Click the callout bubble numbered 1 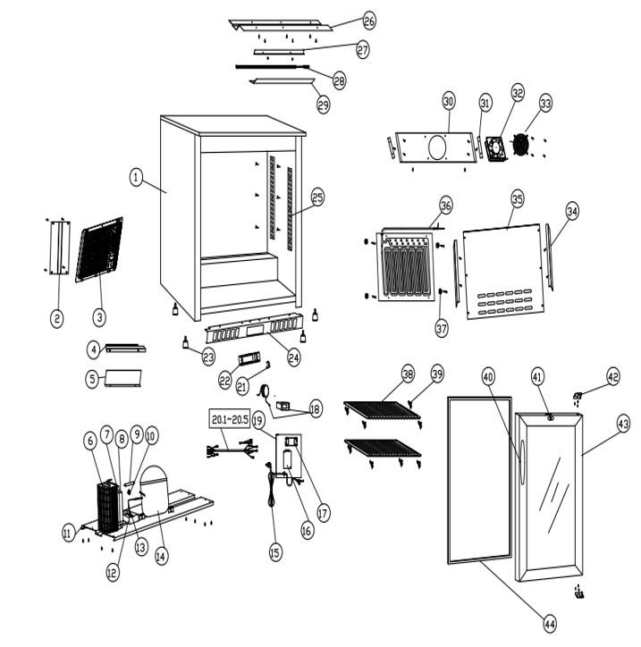click(x=135, y=179)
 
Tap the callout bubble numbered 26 click(x=369, y=20)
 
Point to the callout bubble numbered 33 click(x=545, y=103)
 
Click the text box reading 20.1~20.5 click(x=229, y=418)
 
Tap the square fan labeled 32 click(x=496, y=147)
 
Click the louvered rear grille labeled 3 click(x=99, y=249)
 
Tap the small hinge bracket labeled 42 click(x=578, y=395)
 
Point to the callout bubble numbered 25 click(x=317, y=197)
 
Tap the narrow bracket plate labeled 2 click(x=59, y=248)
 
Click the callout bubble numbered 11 click(x=68, y=533)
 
